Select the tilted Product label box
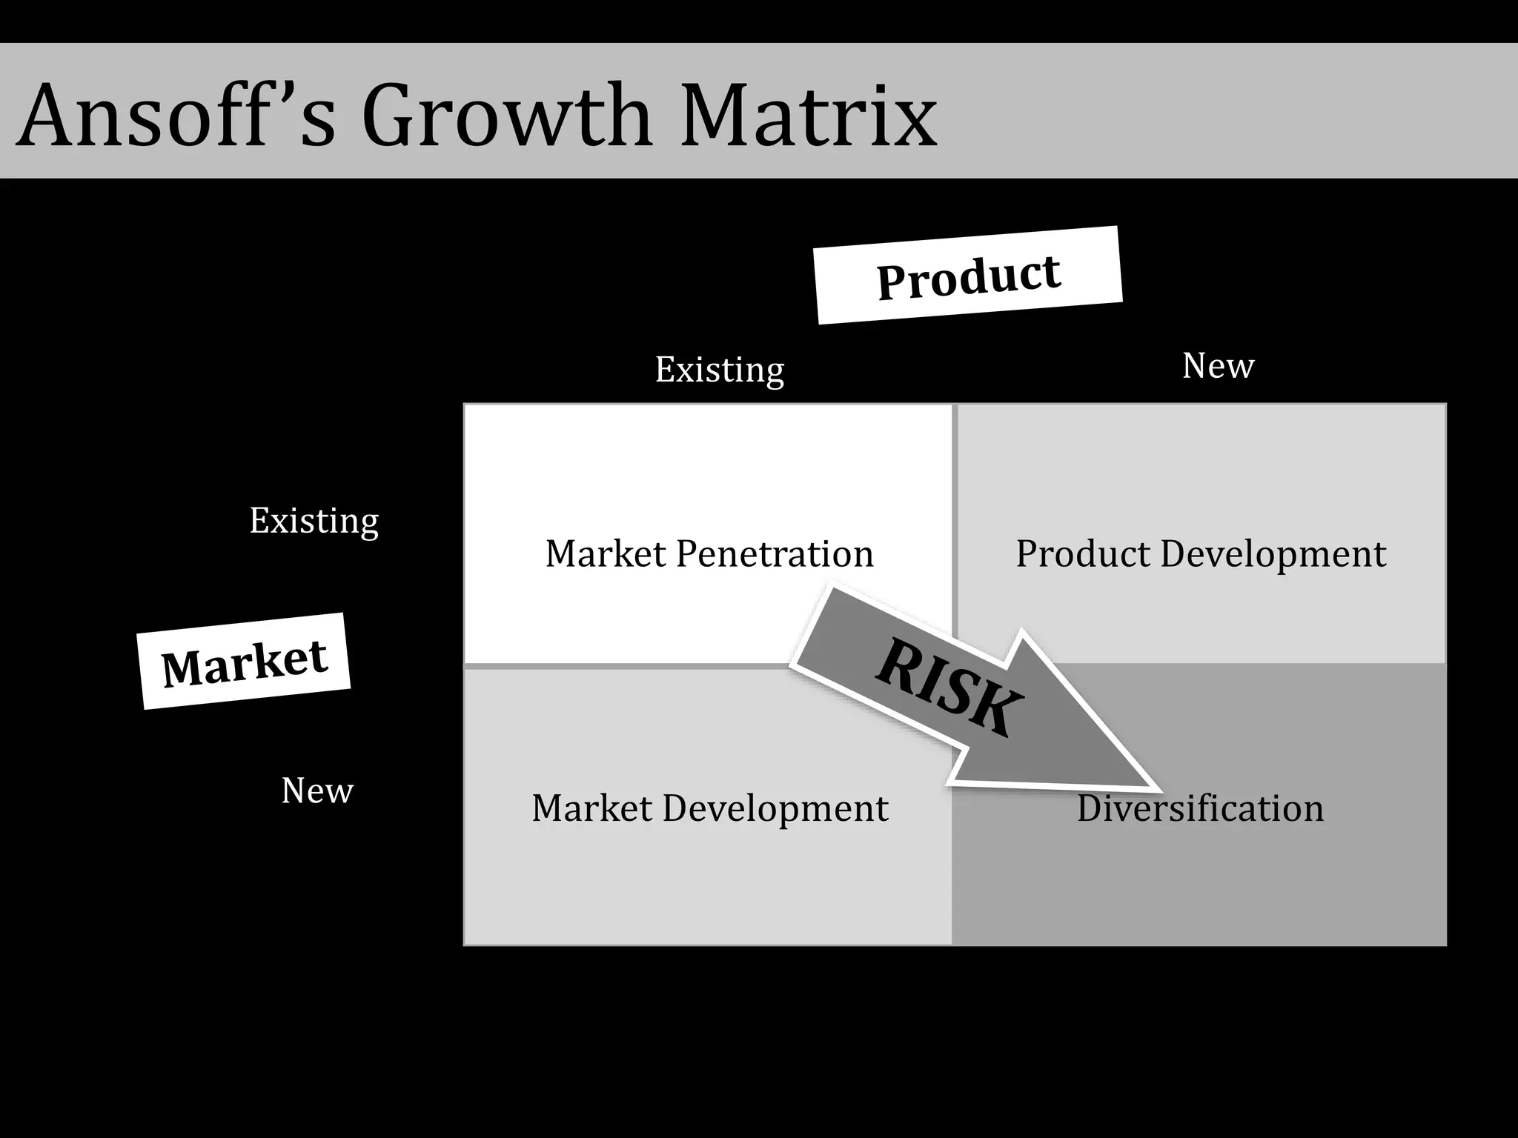pos(968,276)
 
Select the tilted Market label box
pos(244,661)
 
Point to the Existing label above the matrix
pos(719,370)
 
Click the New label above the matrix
pos(1218,365)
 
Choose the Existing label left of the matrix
pos(314,521)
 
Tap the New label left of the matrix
pos(317,791)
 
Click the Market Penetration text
pos(709,553)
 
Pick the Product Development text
pos(1201,553)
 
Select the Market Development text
pos(709,808)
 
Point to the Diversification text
pos(1200,808)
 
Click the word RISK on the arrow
pos(949,688)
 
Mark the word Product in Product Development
pos(1083,553)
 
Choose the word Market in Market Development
pos(592,808)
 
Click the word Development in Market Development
pos(775,808)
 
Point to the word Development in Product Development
pos(1273,553)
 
